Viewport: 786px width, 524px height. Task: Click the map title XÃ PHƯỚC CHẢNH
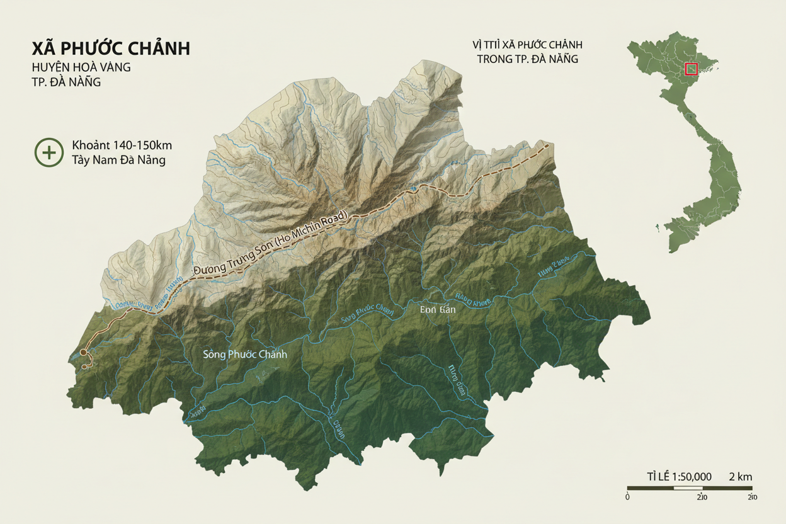111,48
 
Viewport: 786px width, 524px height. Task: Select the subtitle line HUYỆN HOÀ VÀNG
81,67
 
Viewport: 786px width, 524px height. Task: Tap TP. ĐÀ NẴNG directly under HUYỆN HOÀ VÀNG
66,83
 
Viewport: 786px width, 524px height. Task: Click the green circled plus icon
48,152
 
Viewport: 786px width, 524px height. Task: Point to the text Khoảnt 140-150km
122,145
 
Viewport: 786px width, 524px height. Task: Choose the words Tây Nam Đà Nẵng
118,160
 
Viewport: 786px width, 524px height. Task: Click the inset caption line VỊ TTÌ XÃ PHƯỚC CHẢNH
527,45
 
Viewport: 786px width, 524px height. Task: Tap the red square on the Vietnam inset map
691,69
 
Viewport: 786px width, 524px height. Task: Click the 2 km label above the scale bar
741,477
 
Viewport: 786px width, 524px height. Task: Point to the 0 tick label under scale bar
628,497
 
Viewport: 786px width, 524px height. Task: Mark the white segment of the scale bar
688,488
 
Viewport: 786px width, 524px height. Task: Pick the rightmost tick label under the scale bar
751,497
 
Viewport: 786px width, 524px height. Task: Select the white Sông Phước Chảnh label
245,354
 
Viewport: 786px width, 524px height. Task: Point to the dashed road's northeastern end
547,145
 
